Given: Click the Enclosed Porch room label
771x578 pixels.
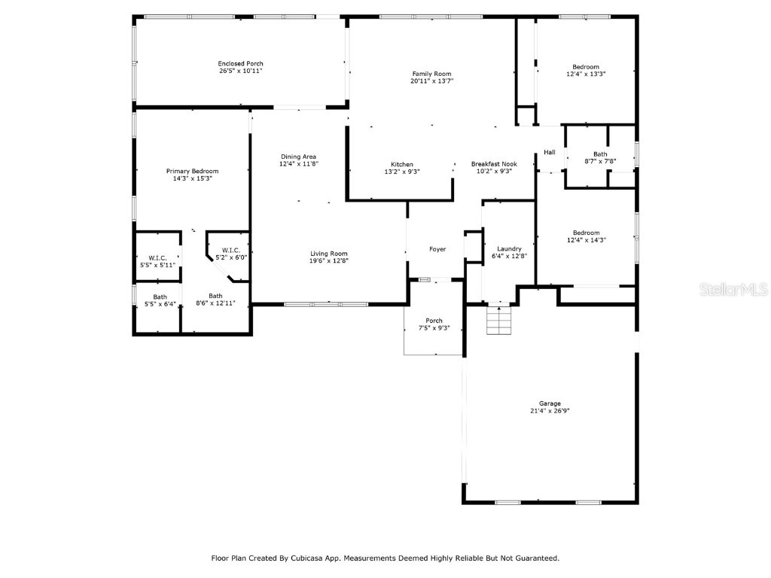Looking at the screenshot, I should click(240, 63).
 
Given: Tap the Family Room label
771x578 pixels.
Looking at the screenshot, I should click(431, 73).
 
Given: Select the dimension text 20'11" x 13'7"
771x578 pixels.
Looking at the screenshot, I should click(431, 81).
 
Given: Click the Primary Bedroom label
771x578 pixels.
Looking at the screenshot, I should click(192, 171).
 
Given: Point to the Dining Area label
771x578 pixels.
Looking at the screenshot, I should click(298, 157).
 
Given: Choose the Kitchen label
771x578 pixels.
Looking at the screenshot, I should click(401, 164).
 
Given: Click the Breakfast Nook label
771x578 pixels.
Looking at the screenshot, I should click(493, 164).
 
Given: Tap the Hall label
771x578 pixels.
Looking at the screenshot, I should click(550, 153).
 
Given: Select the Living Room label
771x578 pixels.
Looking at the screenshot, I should click(329, 253).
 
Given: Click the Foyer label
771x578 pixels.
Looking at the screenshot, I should click(437, 249).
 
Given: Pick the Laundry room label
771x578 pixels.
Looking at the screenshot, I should click(509, 248).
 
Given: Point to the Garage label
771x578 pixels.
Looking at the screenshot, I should click(549, 403).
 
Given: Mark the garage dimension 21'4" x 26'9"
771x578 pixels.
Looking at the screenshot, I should click(549, 411).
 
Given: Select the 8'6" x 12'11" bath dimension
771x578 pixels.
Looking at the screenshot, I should click(215, 303).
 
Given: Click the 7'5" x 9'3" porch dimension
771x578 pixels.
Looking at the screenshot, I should click(434, 328).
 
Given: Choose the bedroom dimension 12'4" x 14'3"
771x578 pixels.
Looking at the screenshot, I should click(586, 240).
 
